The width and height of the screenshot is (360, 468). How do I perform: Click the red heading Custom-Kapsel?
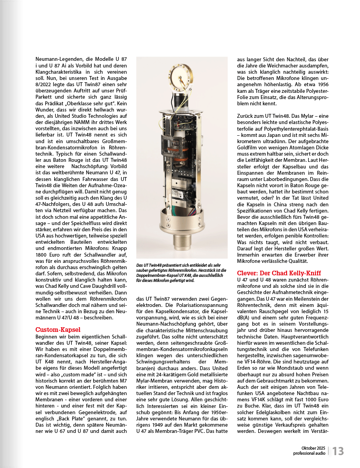pyautogui.click(x=58, y=330)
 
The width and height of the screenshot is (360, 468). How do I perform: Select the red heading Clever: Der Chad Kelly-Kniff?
pyautogui.click(x=279, y=273)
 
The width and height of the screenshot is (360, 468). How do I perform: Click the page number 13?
pyautogui.click(x=338, y=451)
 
